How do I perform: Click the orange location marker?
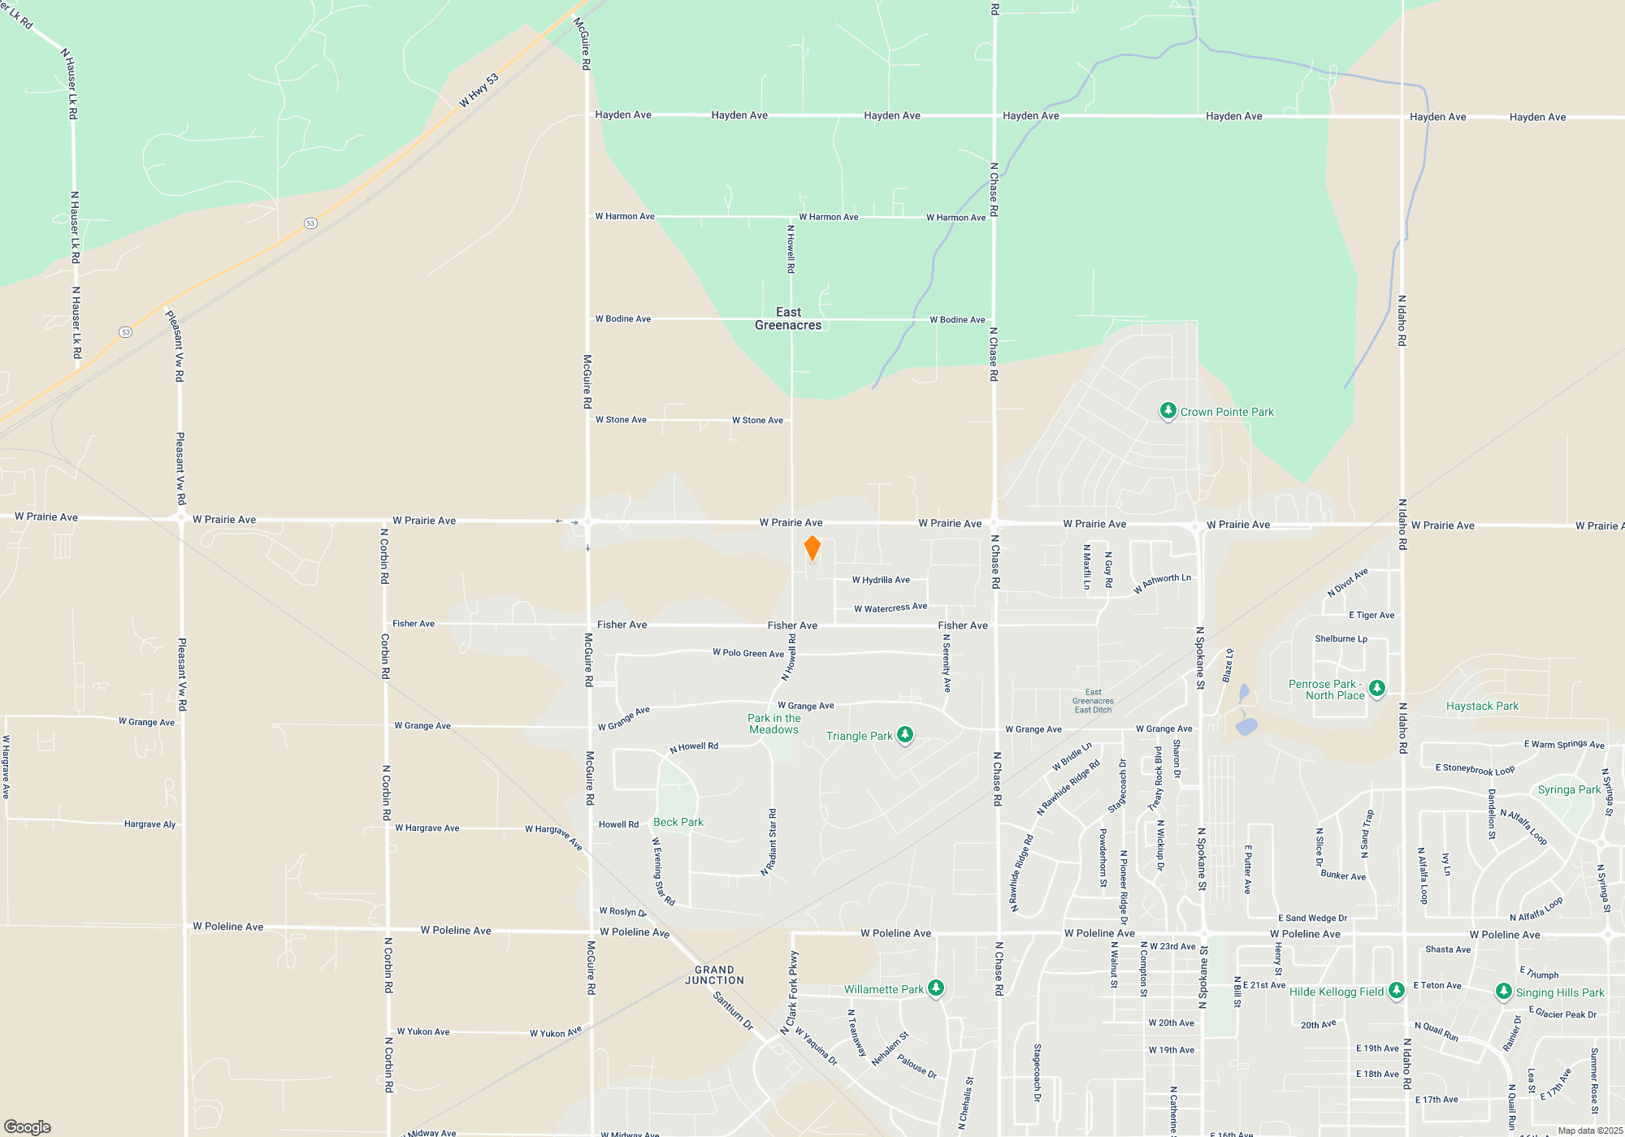click(812, 548)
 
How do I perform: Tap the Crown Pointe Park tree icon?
click(1168, 411)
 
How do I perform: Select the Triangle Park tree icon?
click(904, 735)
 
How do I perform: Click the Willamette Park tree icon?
click(936, 988)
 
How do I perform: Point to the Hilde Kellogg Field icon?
click(1396, 990)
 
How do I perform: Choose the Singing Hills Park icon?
click(1503, 992)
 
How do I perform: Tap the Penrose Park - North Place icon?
click(1376, 689)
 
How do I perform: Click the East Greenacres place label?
click(788, 318)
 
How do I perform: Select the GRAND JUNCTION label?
click(714, 975)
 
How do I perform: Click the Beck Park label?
click(678, 822)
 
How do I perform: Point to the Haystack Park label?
click(1482, 706)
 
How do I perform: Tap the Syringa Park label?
click(1569, 789)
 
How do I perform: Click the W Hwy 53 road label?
click(479, 90)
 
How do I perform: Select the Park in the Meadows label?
click(774, 724)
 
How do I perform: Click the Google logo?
click(28, 1126)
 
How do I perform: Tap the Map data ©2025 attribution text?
click(1590, 1131)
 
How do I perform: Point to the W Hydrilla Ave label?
click(881, 580)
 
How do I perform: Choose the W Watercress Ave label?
click(890, 607)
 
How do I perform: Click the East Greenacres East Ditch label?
click(1093, 701)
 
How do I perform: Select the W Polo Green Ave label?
click(748, 653)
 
